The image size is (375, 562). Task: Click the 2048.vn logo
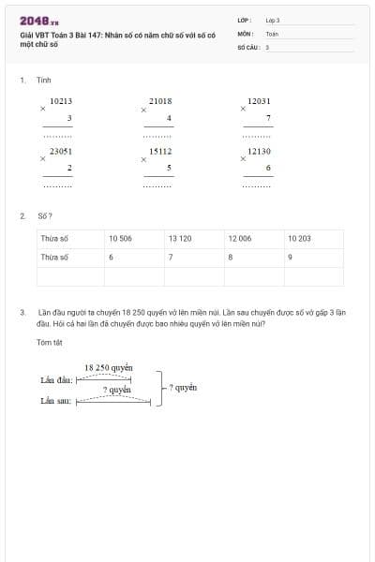(x=39, y=22)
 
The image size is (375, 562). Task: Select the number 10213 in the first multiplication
(x=61, y=100)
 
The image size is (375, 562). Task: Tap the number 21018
(x=160, y=100)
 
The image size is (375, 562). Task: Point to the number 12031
(x=260, y=100)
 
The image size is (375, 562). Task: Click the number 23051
(x=61, y=150)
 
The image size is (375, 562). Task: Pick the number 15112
(x=160, y=150)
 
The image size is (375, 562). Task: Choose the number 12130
(x=260, y=150)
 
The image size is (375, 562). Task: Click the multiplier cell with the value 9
(x=314, y=257)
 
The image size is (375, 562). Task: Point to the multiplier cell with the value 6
(x=134, y=257)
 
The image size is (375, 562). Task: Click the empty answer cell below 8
(x=254, y=276)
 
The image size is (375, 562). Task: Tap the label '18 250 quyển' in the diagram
(x=109, y=368)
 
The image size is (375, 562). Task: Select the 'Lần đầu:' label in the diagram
(x=56, y=381)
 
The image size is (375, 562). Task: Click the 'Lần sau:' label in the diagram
(x=56, y=401)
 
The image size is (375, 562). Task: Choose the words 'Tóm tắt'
(x=49, y=343)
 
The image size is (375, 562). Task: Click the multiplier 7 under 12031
(x=268, y=118)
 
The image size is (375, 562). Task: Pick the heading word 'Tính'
(x=44, y=81)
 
